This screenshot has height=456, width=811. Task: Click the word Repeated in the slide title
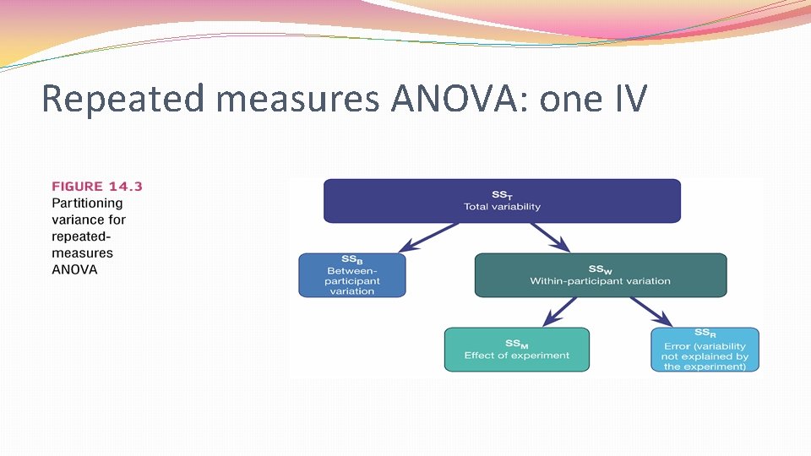(122, 99)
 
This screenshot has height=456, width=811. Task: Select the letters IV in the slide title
(626, 99)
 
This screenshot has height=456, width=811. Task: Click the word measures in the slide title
(297, 99)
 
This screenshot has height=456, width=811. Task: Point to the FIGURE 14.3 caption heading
(97, 186)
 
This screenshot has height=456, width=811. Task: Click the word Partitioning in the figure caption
(87, 203)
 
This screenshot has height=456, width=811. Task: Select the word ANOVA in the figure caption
(74, 270)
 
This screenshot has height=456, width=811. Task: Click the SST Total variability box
(502, 201)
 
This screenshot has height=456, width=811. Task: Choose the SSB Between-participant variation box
(351, 275)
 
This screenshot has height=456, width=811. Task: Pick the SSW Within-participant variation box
(600, 275)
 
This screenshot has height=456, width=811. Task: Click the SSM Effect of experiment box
(516, 349)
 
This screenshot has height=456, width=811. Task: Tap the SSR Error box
(705, 349)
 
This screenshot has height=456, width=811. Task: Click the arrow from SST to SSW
(549, 237)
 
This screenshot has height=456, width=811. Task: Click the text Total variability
(502, 207)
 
